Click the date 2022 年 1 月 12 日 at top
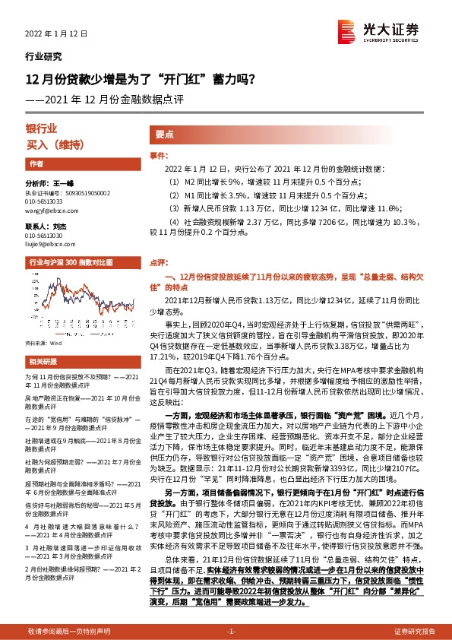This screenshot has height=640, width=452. pyautogui.click(x=57, y=34)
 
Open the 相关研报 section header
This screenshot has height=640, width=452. pyautogui.click(x=43, y=340)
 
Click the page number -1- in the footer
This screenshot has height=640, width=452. pyautogui.click(x=231, y=632)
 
